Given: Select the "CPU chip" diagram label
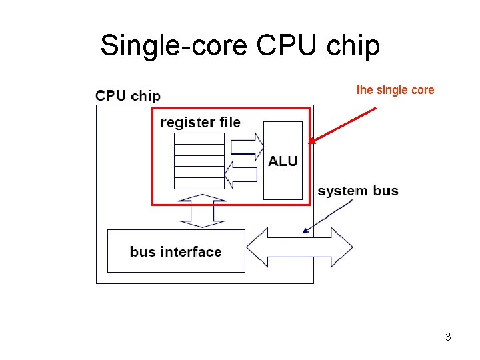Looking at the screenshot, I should [128, 95].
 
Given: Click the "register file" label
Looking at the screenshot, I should [200, 123].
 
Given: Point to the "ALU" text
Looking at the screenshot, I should [283, 161].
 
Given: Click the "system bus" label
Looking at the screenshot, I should [358, 191].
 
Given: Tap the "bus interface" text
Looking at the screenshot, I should [175, 251].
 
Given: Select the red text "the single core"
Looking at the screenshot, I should [395, 90].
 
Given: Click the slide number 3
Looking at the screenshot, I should [448, 337].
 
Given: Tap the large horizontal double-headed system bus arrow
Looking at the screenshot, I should [299, 247].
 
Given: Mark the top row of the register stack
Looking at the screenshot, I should [199, 139].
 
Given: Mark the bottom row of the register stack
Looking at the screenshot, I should [199, 183].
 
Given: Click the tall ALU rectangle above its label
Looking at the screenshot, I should [283, 137].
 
